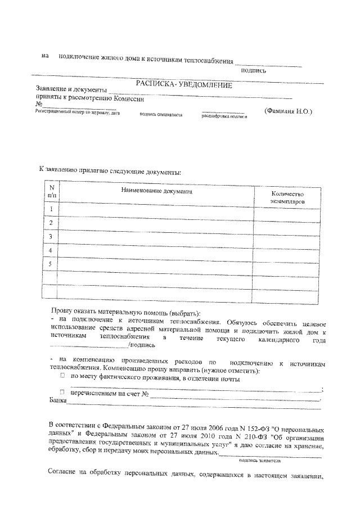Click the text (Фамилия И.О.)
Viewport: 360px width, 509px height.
(x=287, y=111)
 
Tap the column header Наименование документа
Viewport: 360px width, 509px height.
(x=156, y=191)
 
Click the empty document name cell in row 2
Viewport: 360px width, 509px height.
(x=156, y=223)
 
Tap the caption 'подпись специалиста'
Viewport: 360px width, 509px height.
(x=160, y=115)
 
